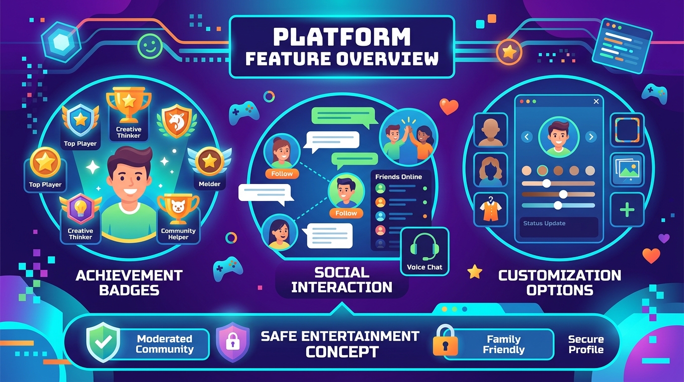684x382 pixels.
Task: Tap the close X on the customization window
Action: click(596, 101)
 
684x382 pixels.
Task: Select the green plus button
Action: click(627, 209)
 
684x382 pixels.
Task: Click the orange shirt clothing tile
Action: click(491, 209)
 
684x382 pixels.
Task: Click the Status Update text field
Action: click(559, 227)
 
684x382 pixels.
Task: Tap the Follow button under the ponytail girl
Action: click(282, 174)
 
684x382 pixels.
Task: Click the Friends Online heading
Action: click(399, 177)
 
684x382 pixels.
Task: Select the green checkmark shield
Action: click(103, 342)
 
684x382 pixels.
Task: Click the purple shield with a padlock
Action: click(233, 342)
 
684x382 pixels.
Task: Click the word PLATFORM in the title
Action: click(342, 37)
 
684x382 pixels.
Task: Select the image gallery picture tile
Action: click(627, 170)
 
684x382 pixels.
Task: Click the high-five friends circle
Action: click(409, 137)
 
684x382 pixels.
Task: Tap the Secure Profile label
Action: click(586, 344)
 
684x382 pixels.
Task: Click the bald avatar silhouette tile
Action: click(491, 130)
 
